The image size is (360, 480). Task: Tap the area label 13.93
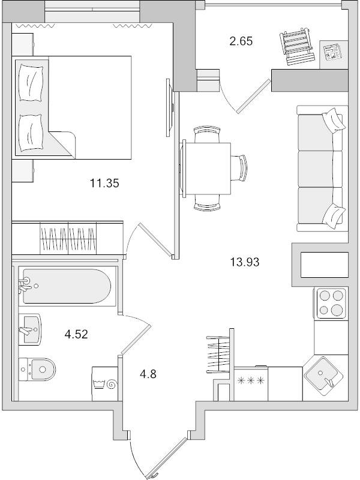[x=244, y=262]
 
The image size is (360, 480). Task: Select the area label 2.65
[x=241, y=41]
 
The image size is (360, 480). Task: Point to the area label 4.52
[x=76, y=334]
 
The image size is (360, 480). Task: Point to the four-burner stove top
[x=331, y=302]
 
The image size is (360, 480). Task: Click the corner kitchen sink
[x=324, y=375]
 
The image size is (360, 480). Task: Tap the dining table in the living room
[x=208, y=168]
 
